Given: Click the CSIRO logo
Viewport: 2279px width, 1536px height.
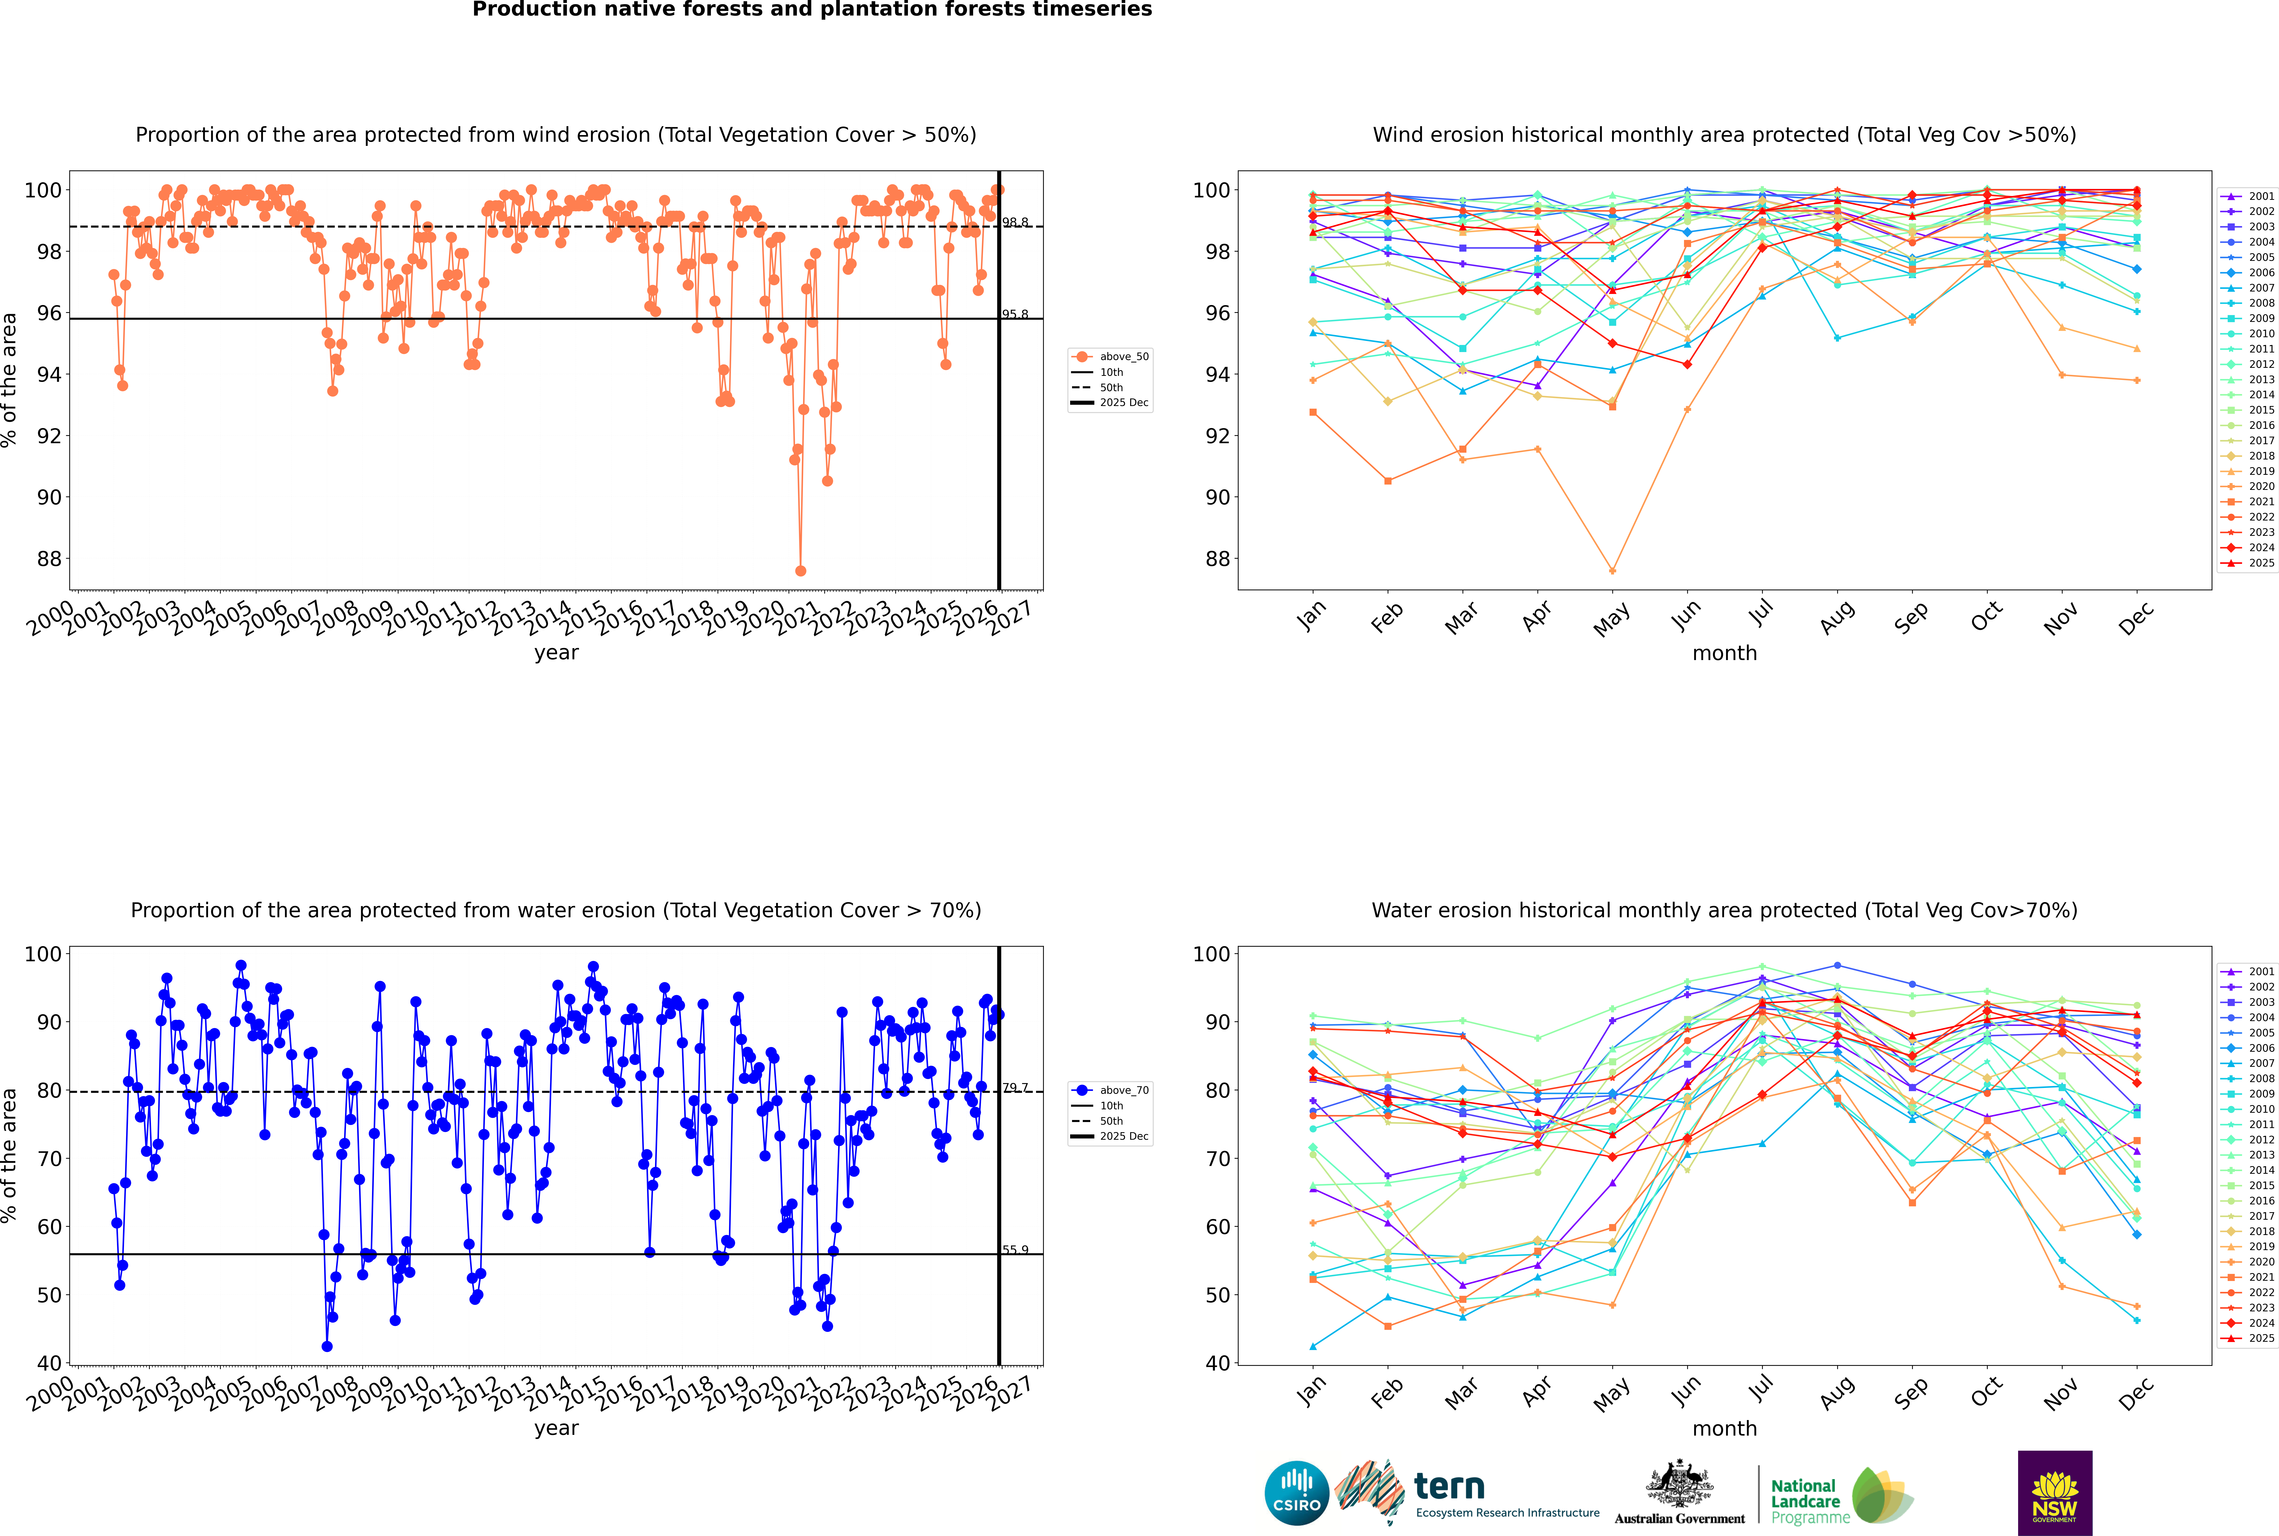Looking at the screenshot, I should click(1296, 1493).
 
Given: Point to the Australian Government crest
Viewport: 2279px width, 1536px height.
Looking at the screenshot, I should click(1679, 1485).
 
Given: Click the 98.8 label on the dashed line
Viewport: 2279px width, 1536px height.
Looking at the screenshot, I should click(1015, 222).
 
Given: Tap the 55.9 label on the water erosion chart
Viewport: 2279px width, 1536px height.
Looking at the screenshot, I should click(1015, 1250).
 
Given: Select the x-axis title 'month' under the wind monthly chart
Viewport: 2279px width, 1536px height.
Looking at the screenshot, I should click(1724, 653).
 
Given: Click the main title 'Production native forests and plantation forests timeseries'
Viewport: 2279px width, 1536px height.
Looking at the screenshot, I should click(812, 10).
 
